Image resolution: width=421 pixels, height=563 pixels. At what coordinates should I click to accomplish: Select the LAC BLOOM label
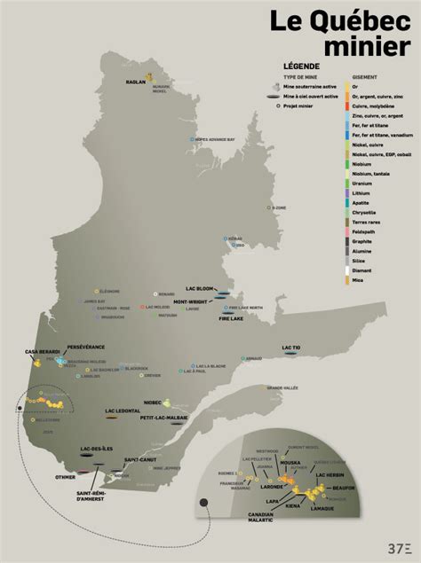pos(201,289)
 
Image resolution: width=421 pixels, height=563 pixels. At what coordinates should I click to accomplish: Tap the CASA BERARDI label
pos(40,353)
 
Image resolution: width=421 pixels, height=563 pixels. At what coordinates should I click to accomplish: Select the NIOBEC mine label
pos(153,402)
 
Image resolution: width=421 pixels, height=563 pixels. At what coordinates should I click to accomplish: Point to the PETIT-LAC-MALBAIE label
pos(164,417)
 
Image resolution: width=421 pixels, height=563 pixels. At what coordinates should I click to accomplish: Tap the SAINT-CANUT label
pos(140,459)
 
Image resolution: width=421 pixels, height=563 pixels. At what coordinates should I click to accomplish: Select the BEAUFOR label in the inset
pos(345,488)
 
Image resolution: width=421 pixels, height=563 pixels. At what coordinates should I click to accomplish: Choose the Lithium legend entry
pos(361,192)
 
